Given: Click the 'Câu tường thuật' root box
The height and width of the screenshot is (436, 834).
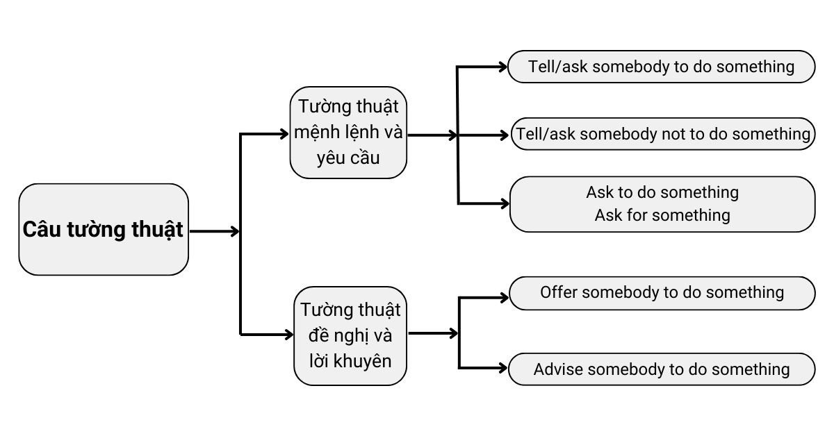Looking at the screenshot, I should coord(104,230).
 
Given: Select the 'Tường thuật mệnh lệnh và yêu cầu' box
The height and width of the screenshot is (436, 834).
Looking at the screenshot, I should coord(348,133).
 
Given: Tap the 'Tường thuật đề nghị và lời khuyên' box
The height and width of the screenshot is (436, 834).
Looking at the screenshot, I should coord(350,335).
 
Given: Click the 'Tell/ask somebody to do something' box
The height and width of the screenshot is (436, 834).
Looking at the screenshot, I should coord(661,67).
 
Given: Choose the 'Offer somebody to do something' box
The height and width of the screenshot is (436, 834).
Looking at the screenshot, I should coord(661,292).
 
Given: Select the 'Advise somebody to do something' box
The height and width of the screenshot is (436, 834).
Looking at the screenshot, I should coord(661,369).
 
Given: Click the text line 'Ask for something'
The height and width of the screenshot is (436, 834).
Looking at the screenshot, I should coord(662,215).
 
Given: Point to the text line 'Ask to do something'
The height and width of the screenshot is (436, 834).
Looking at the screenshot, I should coord(662,192).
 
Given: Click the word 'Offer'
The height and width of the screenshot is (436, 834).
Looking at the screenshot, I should coord(559,292).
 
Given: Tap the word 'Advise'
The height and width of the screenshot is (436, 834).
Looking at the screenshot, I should coord(558,369).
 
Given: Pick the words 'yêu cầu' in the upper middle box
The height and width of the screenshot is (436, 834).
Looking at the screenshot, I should coord(348,158).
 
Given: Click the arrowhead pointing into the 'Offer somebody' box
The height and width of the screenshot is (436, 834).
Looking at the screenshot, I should coord(504,299).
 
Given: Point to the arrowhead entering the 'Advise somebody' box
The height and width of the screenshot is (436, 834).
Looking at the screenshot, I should coord(504,367).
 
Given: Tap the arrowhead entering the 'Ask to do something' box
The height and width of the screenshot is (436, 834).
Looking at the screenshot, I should coord(504,203).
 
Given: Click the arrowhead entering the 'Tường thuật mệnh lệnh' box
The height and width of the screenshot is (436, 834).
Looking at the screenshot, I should coord(284,133).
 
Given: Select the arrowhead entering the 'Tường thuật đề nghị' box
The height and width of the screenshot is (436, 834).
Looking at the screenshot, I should coord(288,335).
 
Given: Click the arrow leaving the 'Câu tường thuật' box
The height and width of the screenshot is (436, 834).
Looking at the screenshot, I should coord(214,231).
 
